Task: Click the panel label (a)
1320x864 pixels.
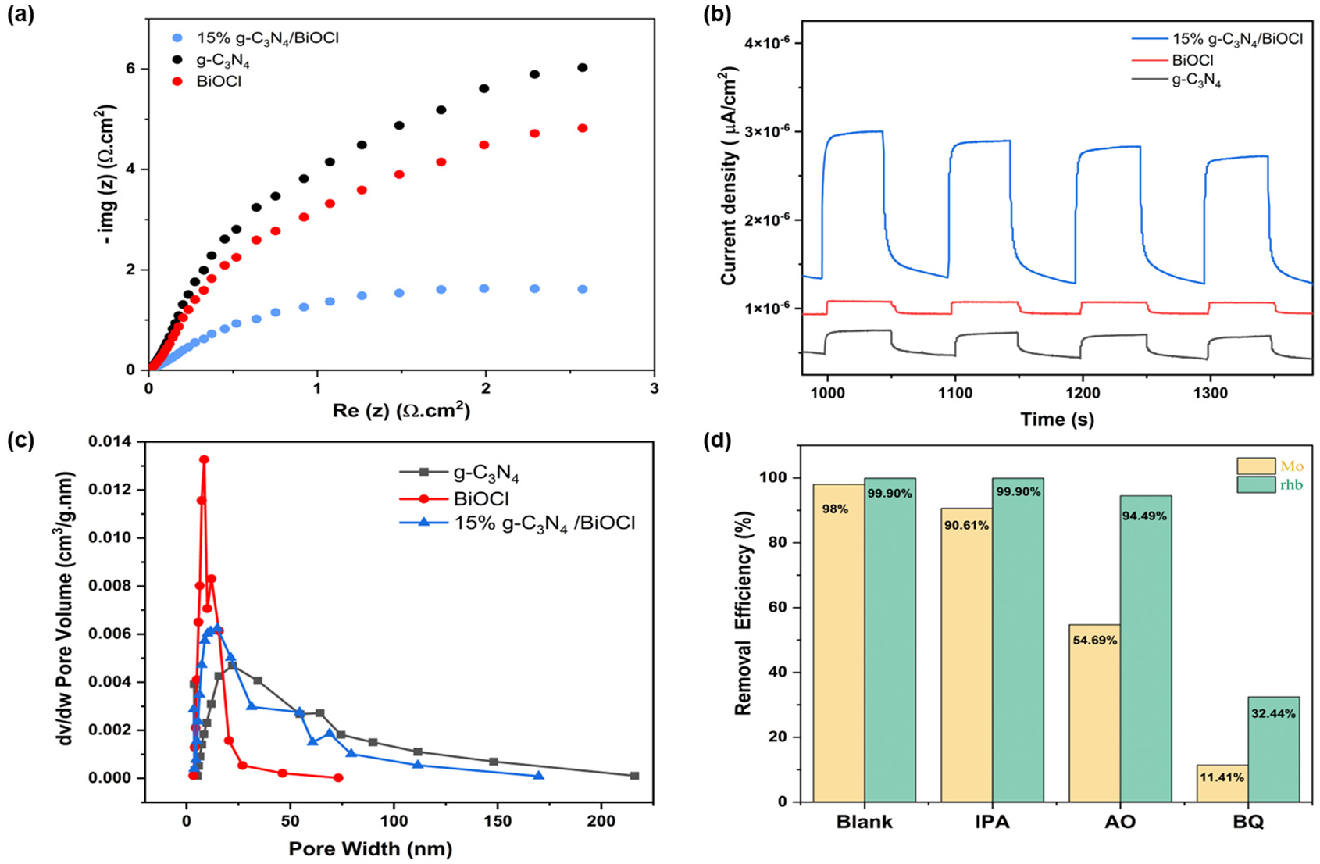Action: click(x=20, y=15)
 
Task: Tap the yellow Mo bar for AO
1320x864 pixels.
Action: click(x=1094, y=712)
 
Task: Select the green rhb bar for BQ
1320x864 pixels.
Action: click(x=1274, y=748)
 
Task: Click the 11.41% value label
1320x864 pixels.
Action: click(x=1222, y=777)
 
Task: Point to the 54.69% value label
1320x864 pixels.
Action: click(x=1094, y=640)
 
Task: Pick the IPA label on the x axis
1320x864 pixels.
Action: click(x=992, y=822)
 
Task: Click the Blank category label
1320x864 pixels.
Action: click(x=865, y=822)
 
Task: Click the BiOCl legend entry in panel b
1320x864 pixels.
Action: click(x=1192, y=59)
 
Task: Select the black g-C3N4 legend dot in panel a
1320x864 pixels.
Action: click(x=178, y=59)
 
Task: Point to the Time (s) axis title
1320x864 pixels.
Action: click(x=1057, y=420)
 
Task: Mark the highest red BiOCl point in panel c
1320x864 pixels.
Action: click(x=204, y=460)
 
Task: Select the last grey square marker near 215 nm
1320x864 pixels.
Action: click(x=634, y=776)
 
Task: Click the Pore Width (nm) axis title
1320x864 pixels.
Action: click(x=370, y=848)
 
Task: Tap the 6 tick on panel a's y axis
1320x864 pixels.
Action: click(x=130, y=69)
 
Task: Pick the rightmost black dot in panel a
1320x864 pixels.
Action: click(x=582, y=68)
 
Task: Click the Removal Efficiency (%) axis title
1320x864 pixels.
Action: click(x=744, y=614)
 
